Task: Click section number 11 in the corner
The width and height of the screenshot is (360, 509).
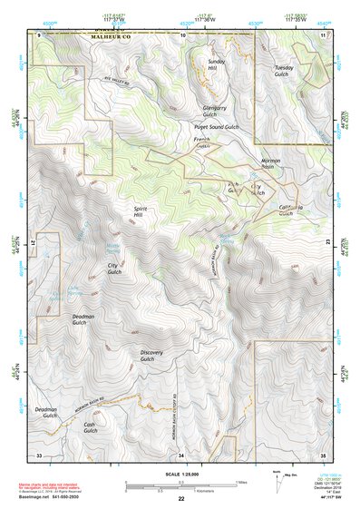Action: click(x=322, y=34)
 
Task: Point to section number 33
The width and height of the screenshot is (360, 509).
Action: click(x=39, y=454)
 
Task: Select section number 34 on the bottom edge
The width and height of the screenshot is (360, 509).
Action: click(x=180, y=454)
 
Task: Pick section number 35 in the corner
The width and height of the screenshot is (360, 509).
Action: click(x=322, y=454)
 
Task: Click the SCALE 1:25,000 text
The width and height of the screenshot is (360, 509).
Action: click(x=180, y=473)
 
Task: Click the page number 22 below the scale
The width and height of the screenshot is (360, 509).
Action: click(x=181, y=499)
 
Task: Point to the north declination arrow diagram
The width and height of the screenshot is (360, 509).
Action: click(x=277, y=477)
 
